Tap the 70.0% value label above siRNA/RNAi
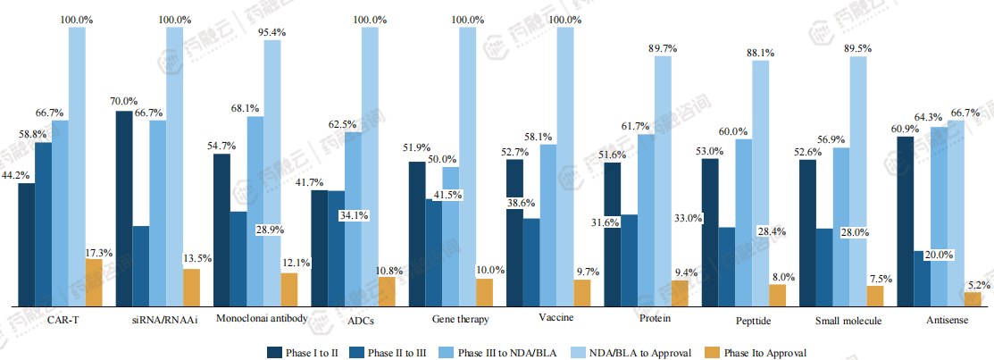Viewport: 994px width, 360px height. coord(123,102)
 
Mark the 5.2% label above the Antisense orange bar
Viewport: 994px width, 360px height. coord(978,285)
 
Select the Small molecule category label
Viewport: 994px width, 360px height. coord(849,320)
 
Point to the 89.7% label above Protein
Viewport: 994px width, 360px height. coord(662,48)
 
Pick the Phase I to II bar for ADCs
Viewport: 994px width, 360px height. coord(319,247)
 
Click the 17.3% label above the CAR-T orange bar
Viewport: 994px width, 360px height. coord(98,253)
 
